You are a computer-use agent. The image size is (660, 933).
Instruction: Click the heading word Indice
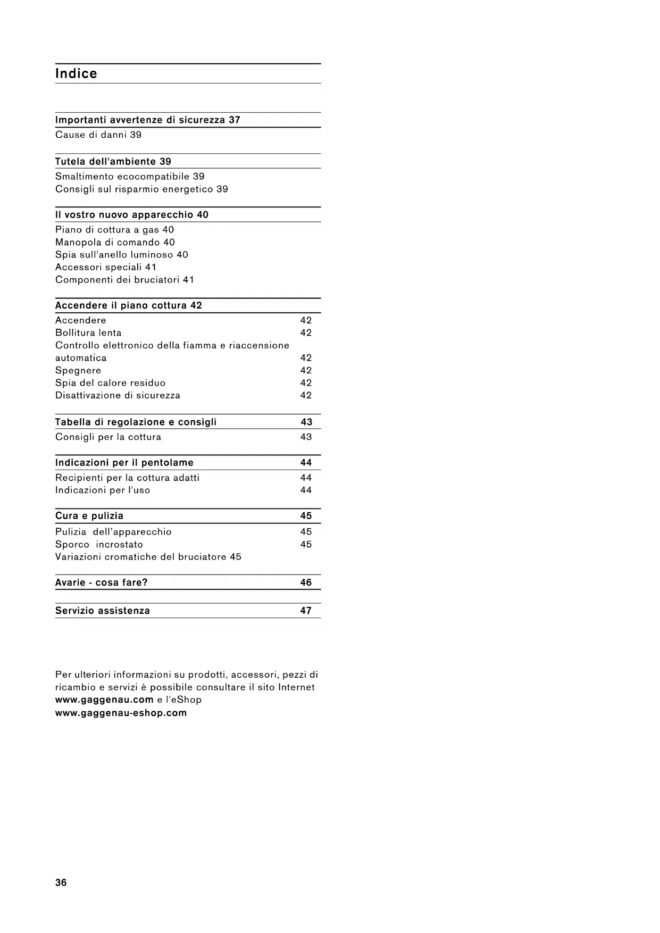(76, 73)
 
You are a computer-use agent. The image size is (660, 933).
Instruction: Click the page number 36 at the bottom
(61, 882)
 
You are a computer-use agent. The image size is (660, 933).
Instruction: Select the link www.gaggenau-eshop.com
(121, 713)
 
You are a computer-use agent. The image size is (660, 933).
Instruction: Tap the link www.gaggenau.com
(104, 699)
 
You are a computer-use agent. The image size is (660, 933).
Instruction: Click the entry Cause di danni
(98, 135)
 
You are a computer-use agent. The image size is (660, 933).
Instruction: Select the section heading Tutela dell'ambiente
(113, 161)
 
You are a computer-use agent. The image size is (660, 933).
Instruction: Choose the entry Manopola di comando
(115, 242)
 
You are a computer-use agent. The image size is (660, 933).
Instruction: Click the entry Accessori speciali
(105, 267)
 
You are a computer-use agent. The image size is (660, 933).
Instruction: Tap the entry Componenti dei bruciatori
(124, 279)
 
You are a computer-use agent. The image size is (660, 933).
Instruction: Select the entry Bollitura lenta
(88, 332)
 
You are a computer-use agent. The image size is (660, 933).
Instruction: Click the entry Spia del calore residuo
(110, 382)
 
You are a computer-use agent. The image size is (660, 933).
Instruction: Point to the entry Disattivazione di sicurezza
(118, 395)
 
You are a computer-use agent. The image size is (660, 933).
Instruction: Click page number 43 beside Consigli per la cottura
(306, 437)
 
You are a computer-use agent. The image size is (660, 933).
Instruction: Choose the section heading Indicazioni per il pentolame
(124, 462)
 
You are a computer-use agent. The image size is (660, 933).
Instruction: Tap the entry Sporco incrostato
(99, 544)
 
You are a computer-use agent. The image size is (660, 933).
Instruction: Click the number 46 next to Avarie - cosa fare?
(306, 582)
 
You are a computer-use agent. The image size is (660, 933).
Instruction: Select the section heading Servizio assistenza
(103, 611)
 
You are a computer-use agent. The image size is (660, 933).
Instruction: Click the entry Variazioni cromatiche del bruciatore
(148, 556)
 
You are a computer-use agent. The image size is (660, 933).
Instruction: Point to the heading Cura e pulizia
(89, 515)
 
